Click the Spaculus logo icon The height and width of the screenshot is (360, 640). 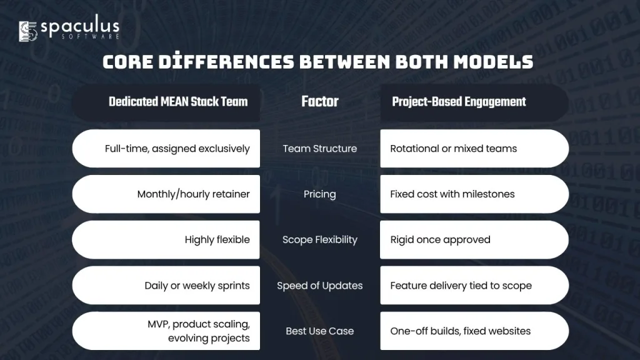(x=28, y=31)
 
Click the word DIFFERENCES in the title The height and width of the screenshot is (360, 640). (x=226, y=62)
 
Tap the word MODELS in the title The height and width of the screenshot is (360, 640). (x=493, y=62)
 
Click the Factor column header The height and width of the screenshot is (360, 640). (x=320, y=102)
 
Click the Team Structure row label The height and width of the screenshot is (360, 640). (x=320, y=149)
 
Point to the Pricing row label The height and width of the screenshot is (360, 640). (x=320, y=194)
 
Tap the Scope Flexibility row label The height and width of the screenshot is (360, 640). (x=320, y=239)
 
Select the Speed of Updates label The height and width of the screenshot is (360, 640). (x=320, y=285)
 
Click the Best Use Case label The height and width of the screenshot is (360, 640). (x=320, y=331)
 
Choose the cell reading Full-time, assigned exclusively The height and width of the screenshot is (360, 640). (x=166, y=149)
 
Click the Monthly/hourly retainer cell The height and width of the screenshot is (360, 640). (x=166, y=194)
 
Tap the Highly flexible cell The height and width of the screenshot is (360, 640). (x=166, y=239)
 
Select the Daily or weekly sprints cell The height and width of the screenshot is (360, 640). (x=166, y=285)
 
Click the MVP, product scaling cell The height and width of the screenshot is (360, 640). (x=166, y=331)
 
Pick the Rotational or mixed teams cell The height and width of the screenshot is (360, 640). (x=474, y=149)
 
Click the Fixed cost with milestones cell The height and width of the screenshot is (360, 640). (x=474, y=194)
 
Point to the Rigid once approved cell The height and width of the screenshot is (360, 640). (x=474, y=239)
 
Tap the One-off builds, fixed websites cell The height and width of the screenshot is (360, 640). (x=474, y=331)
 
